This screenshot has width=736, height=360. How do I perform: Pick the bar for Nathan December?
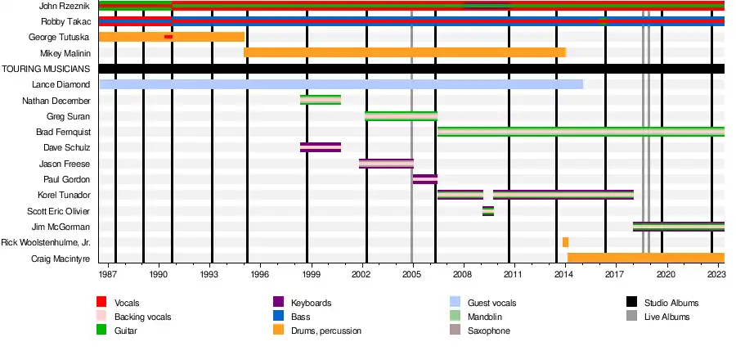tap(320, 100)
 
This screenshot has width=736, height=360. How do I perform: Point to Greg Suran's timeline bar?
tap(401, 115)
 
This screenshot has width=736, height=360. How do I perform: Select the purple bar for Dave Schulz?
tap(320, 147)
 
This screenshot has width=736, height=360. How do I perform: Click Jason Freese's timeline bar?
tap(386, 163)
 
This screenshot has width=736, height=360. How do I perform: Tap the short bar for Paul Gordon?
tap(424, 178)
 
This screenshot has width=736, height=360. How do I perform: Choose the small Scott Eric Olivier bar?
tap(487, 210)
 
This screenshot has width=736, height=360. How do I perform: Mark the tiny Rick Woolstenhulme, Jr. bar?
tap(565, 242)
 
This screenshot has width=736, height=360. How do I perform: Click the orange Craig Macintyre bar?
tap(645, 258)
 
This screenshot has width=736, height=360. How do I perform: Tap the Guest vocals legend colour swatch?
tap(455, 303)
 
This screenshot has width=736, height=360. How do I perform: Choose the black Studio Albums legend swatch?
tap(632, 303)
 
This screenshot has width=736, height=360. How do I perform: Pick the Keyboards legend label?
tap(312, 303)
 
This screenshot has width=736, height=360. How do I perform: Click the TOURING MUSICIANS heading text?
tap(45, 69)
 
